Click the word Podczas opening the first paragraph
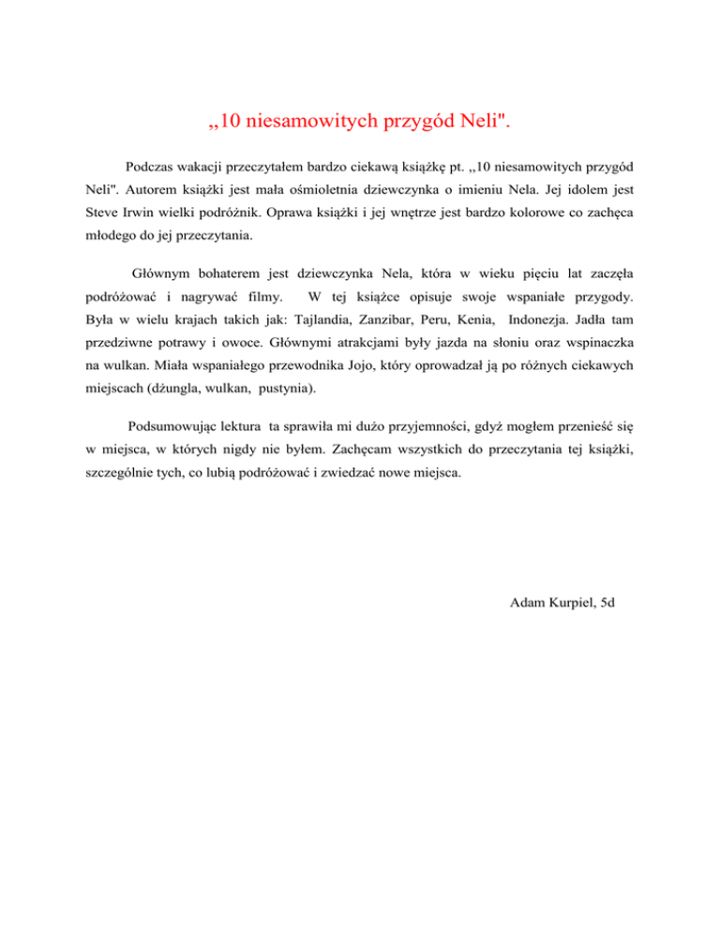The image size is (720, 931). (x=151, y=167)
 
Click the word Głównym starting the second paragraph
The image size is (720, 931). (x=160, y=275)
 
